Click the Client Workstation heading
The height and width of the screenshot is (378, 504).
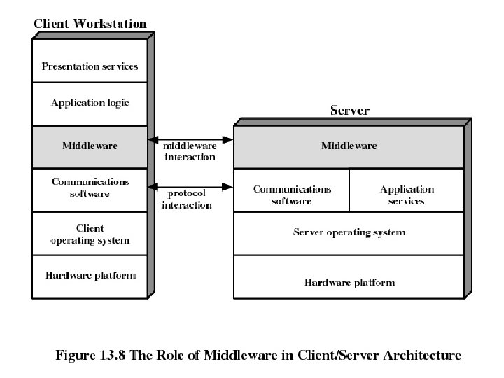[x=90, y=24]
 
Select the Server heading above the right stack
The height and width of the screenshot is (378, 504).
[x=350, y=111]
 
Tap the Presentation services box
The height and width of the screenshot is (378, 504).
[x=90, y=61]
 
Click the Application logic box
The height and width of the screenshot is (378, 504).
[x=90, y=104]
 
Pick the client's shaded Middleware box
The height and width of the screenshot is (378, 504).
[x=90, y=147]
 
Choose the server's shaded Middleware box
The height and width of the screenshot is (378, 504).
[x=349, y=147]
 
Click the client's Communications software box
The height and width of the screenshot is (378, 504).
[x=90, y=190]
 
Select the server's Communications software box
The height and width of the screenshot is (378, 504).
[x=291, y=190]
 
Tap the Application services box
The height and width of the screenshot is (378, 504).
[x=407, y=190]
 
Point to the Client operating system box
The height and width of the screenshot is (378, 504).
[x=90, y=234]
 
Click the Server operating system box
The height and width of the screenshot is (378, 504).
[x=349, y=234]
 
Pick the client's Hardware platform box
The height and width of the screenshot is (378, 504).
[x=90, y=277]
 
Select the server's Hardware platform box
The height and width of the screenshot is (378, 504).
[x=349, y=277]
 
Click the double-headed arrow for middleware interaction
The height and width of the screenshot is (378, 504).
[x=190, y=140]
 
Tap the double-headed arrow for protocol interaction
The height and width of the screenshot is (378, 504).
[x=190, y=187]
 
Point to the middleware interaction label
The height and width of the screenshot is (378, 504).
[x=190, y=151]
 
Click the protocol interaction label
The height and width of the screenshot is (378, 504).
[x=187, y=199]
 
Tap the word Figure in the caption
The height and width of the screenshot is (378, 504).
[x=76, y=356]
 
